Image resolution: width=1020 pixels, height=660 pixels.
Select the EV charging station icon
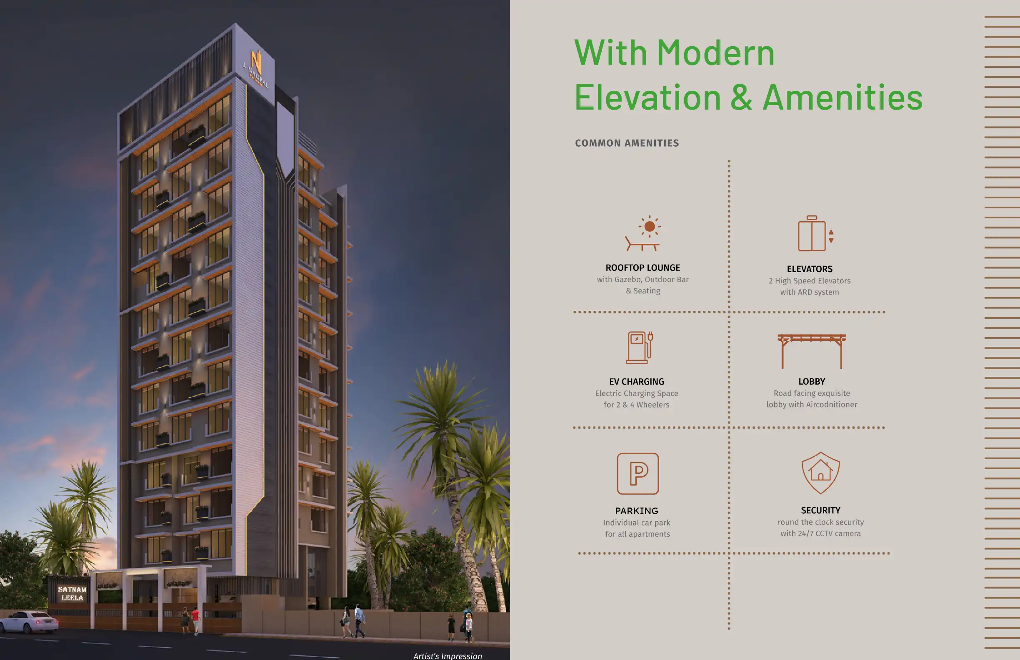coord(640,347)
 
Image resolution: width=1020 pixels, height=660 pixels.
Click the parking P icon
coord(638,474)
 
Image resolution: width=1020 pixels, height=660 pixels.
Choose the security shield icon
coord(820,473)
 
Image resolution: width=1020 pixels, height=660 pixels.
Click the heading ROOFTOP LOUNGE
coord(642,268)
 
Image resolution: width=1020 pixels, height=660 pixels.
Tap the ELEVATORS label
coord(810,269)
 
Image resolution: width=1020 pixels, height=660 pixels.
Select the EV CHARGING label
coord(636,382)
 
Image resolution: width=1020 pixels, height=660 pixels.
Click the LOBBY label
coord(812,381)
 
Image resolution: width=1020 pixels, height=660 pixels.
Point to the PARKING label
coord(636,511)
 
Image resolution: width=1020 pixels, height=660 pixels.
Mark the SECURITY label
coord(821,510)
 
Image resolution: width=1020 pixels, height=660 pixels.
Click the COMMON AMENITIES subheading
coord(627,143)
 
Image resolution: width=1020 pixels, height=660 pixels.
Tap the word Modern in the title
coord(716,53)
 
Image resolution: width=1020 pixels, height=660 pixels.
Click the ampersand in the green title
coord(741,97)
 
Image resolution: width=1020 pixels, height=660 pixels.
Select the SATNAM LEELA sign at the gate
coord(72,594)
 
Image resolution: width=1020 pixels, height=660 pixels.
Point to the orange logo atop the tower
coord(256,62)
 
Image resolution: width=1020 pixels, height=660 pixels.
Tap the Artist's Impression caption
coord(447,656)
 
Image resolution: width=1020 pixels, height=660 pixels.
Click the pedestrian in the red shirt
coord(195,620)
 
